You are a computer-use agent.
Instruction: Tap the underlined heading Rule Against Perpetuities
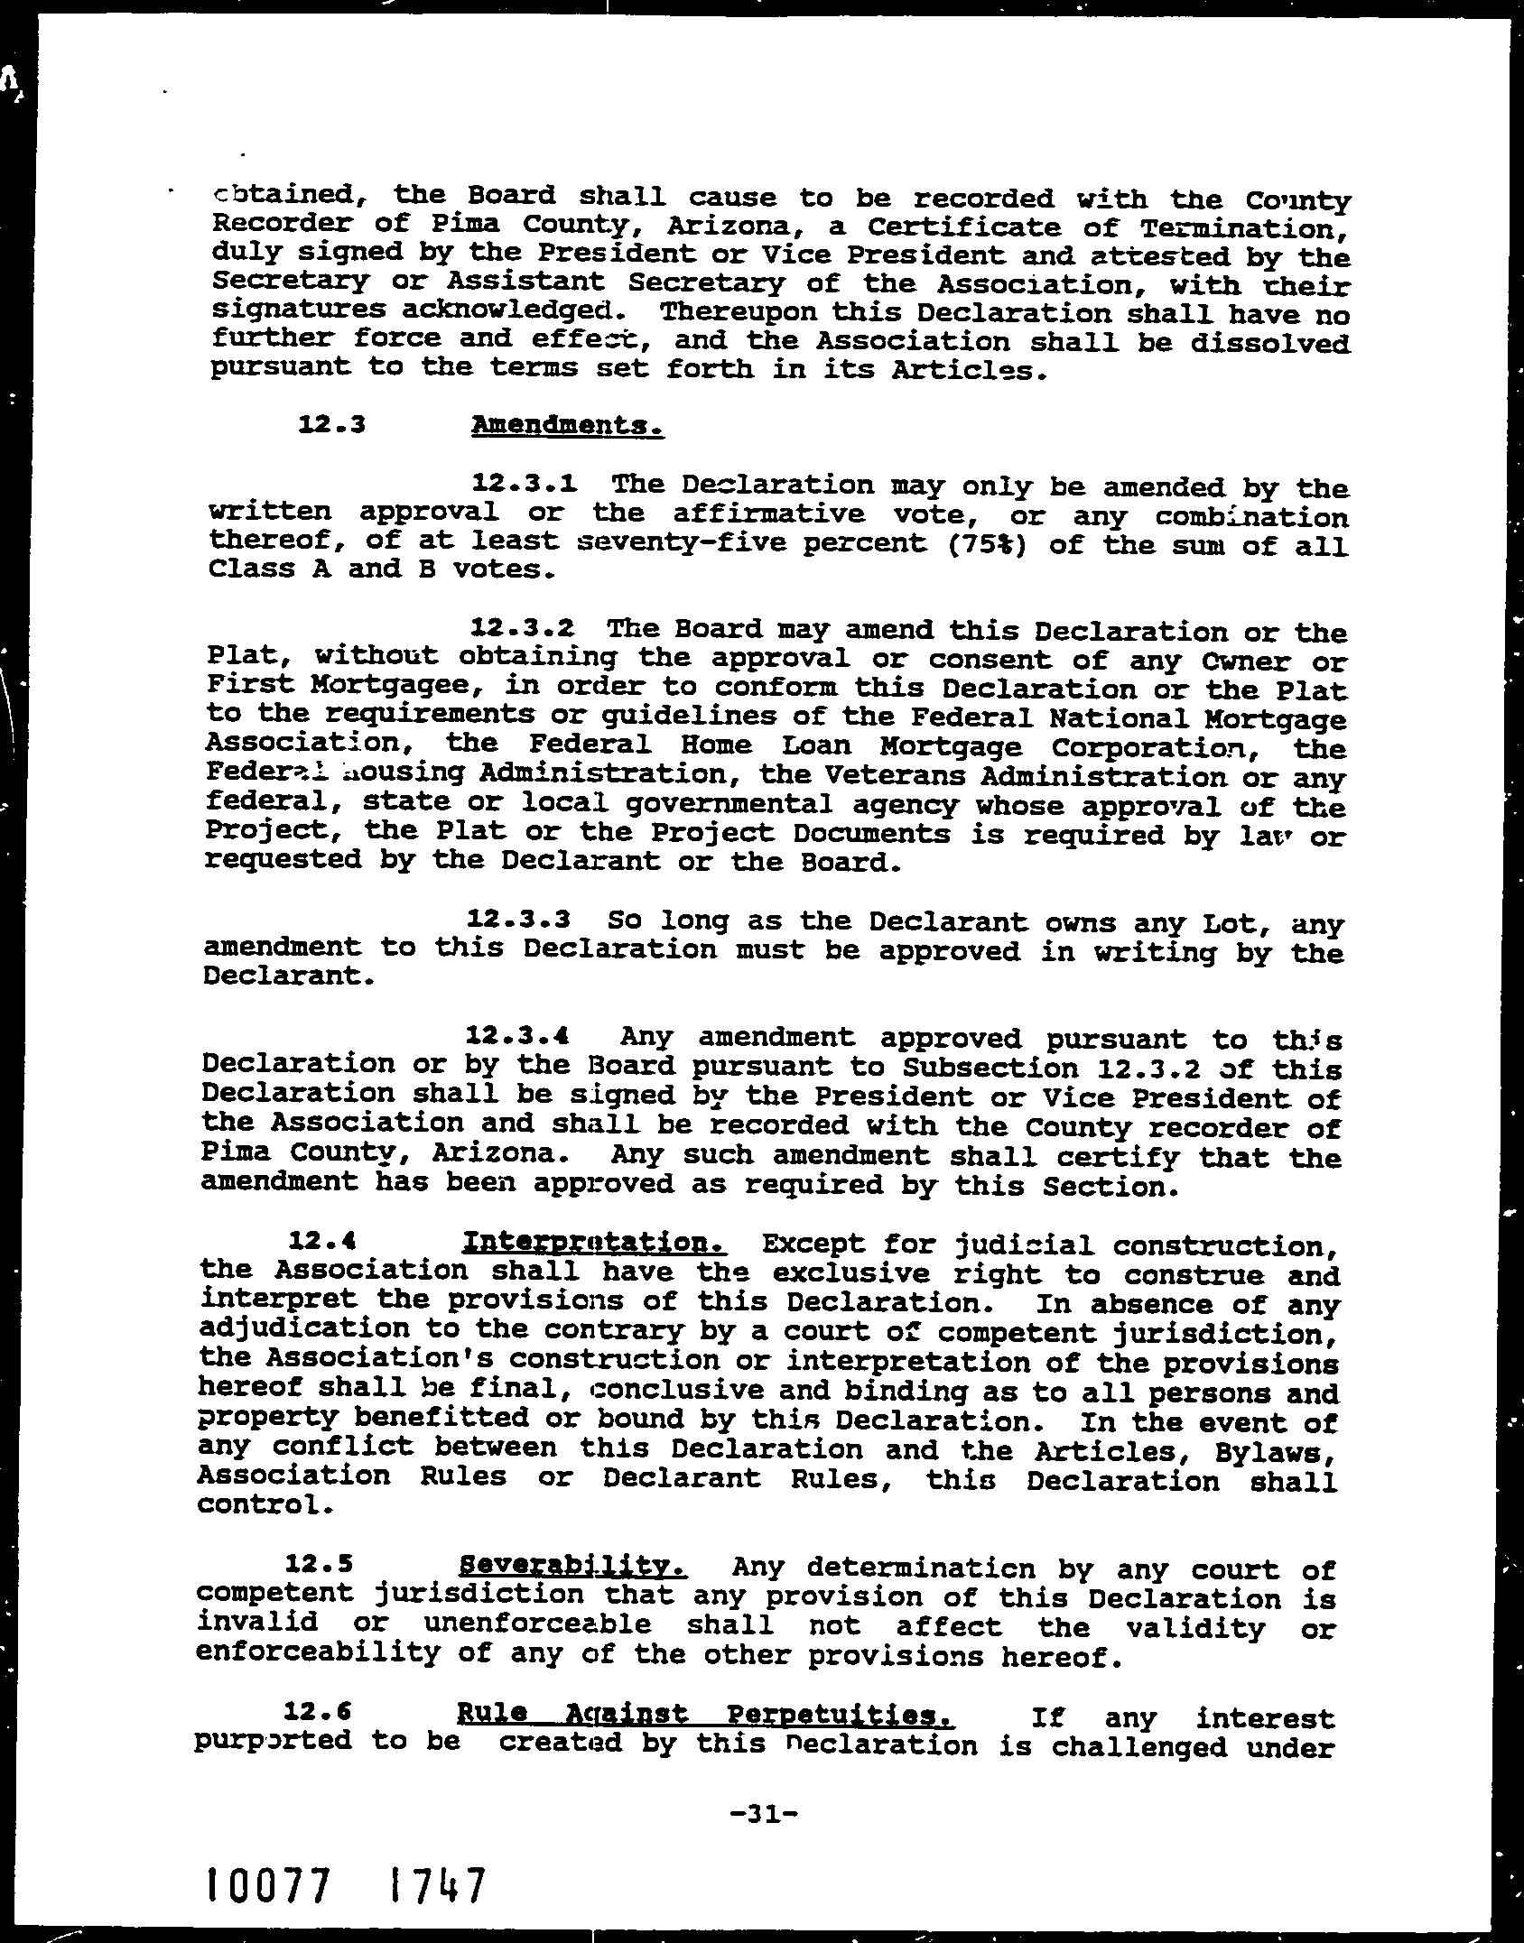pyautogui.click(x=706, y=1714)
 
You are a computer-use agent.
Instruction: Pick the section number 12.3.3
pyautogui.click(x=519, y=921)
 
